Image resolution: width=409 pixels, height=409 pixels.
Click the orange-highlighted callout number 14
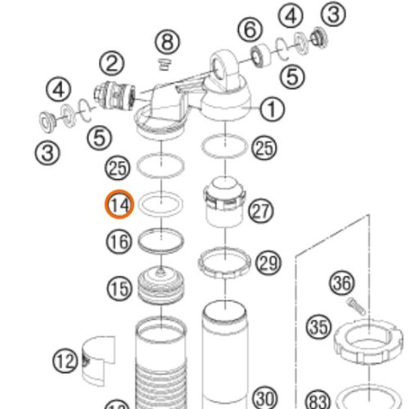click(x=119, y=204)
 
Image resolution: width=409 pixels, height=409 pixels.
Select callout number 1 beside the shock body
click(x=272, y=107)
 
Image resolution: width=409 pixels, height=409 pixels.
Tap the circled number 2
click(x=112, y=62)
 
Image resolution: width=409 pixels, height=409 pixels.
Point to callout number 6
click(x=251, y=31)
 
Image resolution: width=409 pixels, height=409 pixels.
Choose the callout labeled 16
click(x=119, y=241)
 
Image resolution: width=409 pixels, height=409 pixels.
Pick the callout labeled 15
click(x=119, y=288)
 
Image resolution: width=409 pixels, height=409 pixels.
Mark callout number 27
click(x=261, y=212)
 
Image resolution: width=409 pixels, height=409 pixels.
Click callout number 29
click(x=267, y=263)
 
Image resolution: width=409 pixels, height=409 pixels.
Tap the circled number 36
click(x=342, y=284)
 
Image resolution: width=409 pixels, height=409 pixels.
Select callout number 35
click(x=318, y=327)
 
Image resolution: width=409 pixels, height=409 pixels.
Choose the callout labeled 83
click(x=317, y=400)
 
